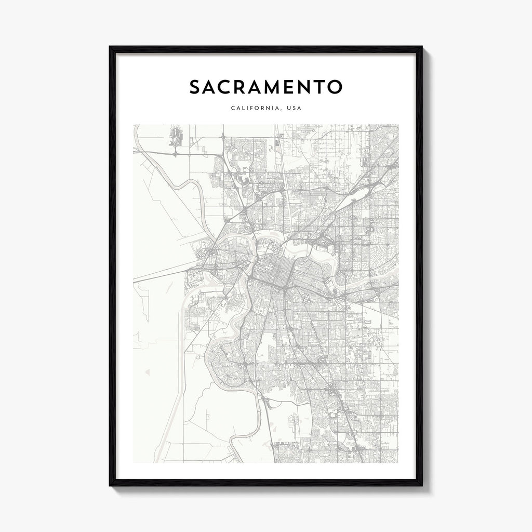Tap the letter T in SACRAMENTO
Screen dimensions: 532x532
click(x=331, y=87)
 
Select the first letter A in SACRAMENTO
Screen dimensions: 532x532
click(x=212, y=87)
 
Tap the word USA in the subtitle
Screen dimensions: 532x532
click(x=294, y=109)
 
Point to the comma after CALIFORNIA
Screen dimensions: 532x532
click(x=281, y=110)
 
